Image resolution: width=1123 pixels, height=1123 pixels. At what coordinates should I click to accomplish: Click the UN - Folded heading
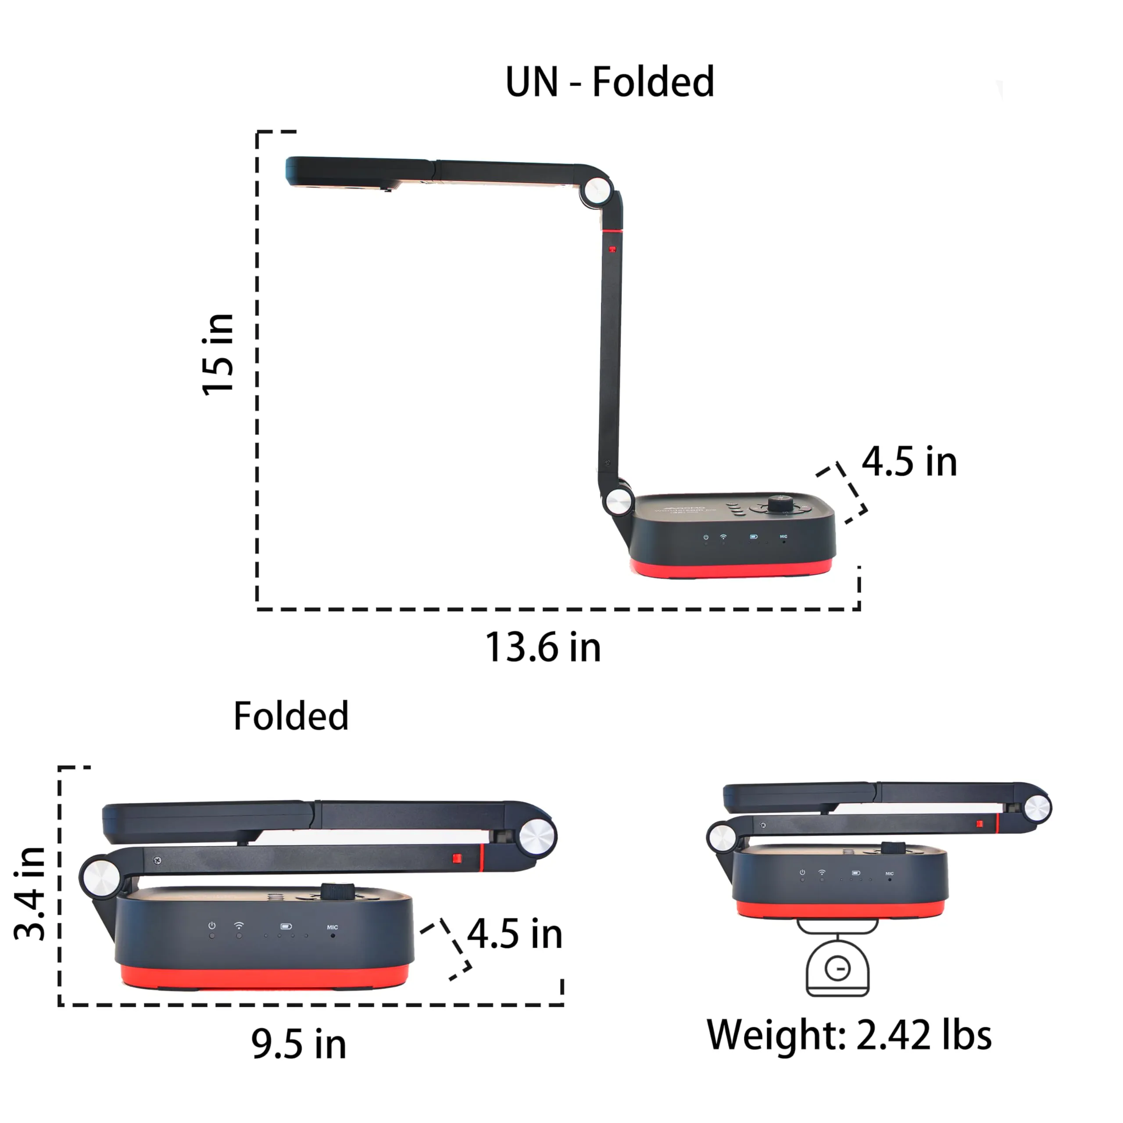(609, 82)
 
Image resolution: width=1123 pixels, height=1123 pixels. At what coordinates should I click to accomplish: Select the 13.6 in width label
(543, 647)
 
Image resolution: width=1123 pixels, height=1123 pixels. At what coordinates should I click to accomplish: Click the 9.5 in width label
(299, 1044)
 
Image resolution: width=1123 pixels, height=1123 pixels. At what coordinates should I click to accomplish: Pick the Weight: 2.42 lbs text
(849, 1035)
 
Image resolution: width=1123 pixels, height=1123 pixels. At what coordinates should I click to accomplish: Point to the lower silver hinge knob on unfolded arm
(618, 501)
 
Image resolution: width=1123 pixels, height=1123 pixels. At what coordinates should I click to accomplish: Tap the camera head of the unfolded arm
(343, 172)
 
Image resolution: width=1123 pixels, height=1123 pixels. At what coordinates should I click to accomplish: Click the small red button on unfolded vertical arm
(612, 249)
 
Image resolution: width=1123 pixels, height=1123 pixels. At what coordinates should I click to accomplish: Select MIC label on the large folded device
(333, 927)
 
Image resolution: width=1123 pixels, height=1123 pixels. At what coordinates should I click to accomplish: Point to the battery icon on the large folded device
(286, 926)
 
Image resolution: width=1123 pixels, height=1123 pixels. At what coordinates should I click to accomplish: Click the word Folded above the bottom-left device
(291, 715)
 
